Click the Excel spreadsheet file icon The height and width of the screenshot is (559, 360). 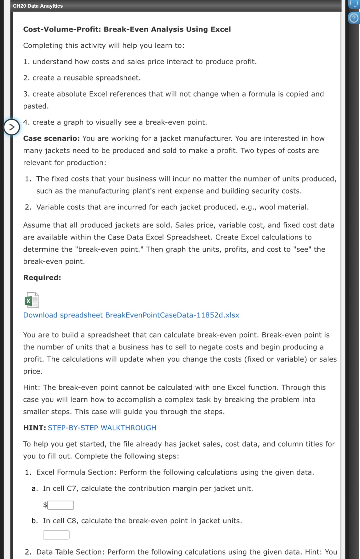pos(32,300)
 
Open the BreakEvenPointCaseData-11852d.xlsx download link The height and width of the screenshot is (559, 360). pos(131,315)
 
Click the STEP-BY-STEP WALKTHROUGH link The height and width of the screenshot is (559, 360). pos(102,428)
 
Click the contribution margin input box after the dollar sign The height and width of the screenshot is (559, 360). pos(61,505)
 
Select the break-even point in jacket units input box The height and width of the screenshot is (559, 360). pos(56,535)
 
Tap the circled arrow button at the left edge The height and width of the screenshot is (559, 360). pos(11,127)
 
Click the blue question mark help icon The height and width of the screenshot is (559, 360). pos(354,18)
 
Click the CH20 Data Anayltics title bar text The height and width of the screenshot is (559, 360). pos(38,6)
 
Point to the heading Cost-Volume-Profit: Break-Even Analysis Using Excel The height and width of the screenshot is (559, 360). pos(127,29)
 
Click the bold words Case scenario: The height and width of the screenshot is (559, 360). pos(51,138)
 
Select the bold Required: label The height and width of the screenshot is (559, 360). pos(42,278)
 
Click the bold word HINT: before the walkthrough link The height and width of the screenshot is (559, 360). pos(34,428)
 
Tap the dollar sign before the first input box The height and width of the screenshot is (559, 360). pos(45,505)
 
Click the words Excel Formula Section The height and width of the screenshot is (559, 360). pos(76,472)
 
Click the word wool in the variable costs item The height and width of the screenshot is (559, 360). pos(267,207)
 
